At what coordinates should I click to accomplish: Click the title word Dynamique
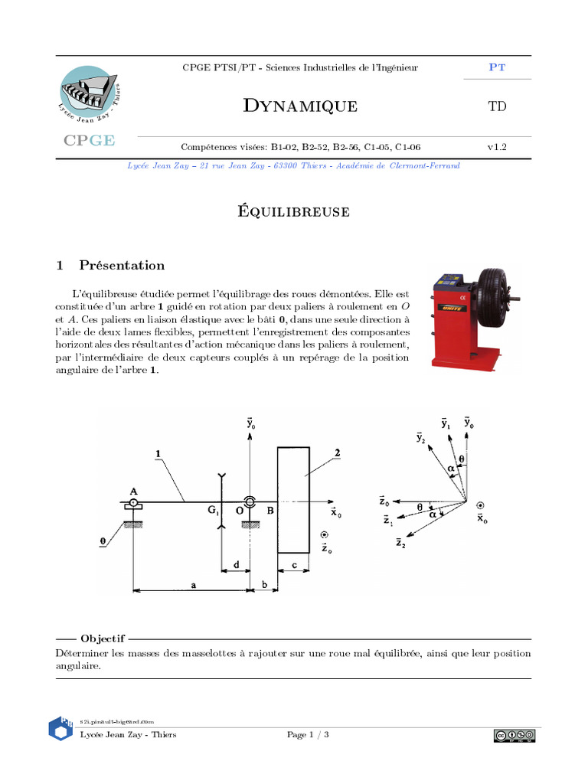pos(300,106)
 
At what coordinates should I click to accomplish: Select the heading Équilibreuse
pos(294,212)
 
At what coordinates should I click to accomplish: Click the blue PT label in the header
pos(497,67)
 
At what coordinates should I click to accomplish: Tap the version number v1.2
pos(497,146)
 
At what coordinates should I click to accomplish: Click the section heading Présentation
pos(121,266)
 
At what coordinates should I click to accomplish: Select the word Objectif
pos(103,638)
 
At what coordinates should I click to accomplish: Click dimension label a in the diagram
pos(194,584)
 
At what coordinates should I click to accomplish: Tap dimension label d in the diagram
pos(236,565)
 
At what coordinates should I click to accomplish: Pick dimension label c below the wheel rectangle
pos(293,566)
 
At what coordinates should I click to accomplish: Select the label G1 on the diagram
pos(214,511)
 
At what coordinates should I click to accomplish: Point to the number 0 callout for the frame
pos(102,541)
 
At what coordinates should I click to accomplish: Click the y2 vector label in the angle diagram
pos(420,438)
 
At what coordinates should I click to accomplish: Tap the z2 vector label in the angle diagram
pos(400,543)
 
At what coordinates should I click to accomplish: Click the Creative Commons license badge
pos(514,736)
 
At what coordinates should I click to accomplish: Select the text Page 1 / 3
pos(309,735)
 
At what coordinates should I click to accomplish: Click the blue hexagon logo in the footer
pos(60,728)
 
